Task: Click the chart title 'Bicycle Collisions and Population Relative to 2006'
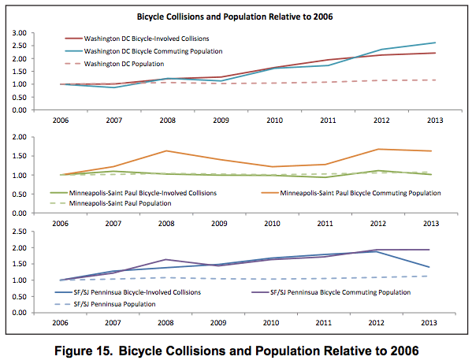pyautogui.click(x=237, y=16)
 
